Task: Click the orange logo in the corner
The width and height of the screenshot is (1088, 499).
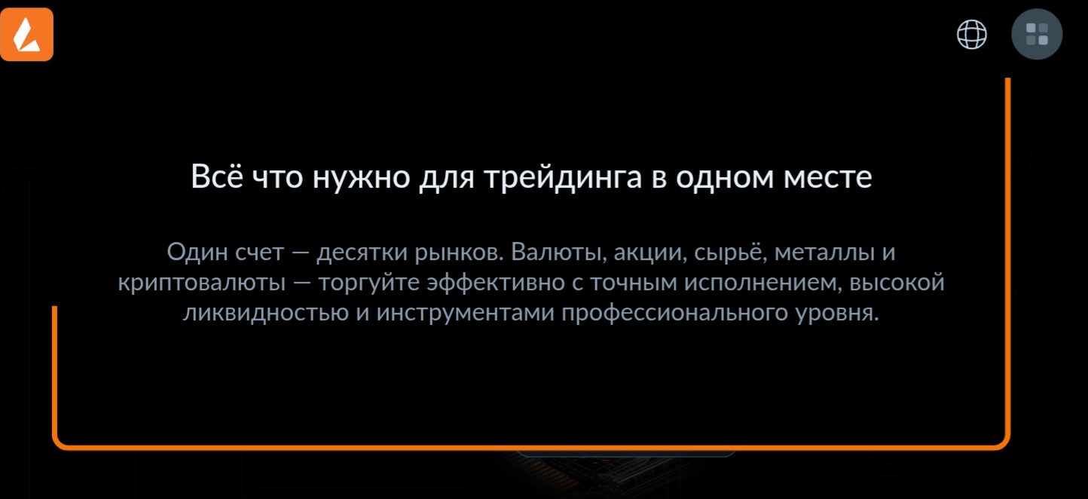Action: [x=26, y=34]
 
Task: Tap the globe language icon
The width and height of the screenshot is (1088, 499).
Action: [x=971, y=34]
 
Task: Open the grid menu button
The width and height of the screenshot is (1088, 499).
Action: [x=1037, y=34]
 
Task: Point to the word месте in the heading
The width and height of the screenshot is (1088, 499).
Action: [x=827, y=177]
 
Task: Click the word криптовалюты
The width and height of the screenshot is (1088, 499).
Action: [x=202, y=283]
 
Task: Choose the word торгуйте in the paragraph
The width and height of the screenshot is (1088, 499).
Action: [x=369, y=283]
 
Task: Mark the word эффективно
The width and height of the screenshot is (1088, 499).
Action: [x=496, y=283]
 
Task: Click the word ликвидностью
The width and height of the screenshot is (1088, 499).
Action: [x=266, y=312]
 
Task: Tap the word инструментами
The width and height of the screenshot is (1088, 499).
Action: [x=466, y=313]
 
